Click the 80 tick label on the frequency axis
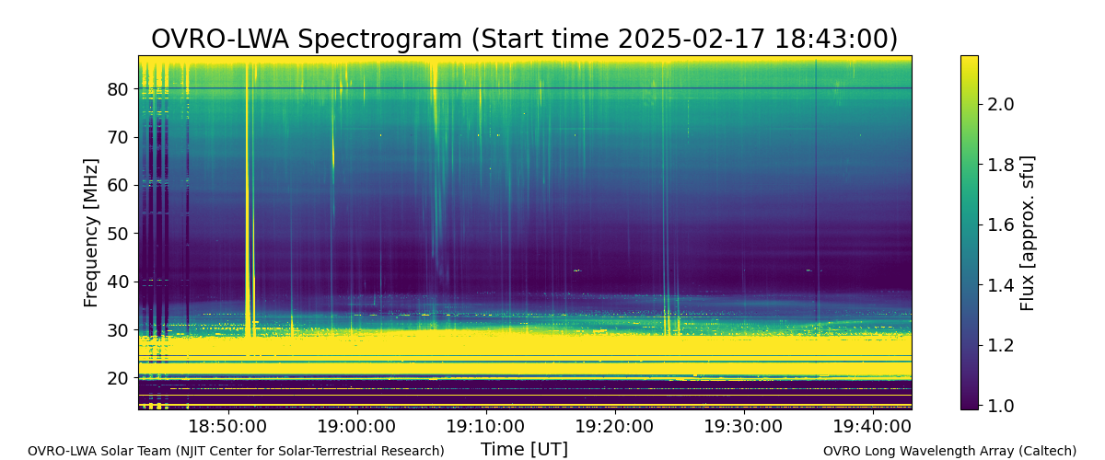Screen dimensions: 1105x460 [117, 89]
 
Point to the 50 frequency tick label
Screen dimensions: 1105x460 [117, 234]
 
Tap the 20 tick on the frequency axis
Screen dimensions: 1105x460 [117, 378]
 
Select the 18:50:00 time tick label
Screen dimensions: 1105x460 [228, 426]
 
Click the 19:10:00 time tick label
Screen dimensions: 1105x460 [486, 426]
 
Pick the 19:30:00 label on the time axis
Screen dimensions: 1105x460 [744, 426]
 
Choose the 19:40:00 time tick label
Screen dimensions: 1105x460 [873, 426]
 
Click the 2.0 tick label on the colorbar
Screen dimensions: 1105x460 [1000, 104]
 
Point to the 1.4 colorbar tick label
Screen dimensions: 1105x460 [1000, 285]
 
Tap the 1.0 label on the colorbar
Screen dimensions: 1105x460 [1000, 406]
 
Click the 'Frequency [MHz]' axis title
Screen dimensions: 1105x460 [91, 233]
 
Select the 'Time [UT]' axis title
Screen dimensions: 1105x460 [524, 449]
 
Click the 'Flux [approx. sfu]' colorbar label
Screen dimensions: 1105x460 [1027, 233]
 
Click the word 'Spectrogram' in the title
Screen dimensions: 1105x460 [379, 39]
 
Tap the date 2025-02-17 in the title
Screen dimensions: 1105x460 [692, 39]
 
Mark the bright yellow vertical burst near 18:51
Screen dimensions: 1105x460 [248, 197]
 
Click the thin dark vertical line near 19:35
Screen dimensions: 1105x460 [817, 197]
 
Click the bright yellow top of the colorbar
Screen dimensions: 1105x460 [970, 62]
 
